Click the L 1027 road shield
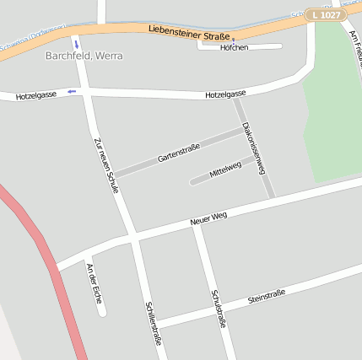(x=325, y=14)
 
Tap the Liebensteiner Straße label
(x=189, y=33)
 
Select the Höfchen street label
(x=234, y=47)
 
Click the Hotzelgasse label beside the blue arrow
(x=35, y=95)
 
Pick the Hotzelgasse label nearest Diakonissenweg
(x=225, y=94)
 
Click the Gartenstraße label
(x=178, y=153)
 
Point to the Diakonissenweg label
(x=254, y=148)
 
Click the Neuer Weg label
(x=209, y=218)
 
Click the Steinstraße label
(x=267, y=297)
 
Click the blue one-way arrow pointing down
(x=76, y=42)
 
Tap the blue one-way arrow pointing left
(x=71, y=91)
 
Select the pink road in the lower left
(x=51, y=270)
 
